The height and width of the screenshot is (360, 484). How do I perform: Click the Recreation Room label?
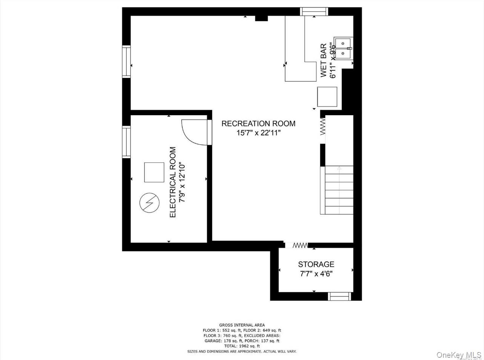pos(258,124)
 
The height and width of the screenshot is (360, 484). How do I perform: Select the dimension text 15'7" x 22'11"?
pos(258,133)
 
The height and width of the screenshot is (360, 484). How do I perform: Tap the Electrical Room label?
pos(173,182)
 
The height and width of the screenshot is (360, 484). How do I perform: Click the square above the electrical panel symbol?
pos(154,172)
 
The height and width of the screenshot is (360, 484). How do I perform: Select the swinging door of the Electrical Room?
pos(194,132)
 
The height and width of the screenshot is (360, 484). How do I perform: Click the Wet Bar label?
pos(323,60)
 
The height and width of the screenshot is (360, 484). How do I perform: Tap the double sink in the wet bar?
pos(343,49)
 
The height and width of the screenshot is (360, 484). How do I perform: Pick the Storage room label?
pos(316,264)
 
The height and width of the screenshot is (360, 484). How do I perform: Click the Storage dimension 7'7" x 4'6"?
pos(316,274)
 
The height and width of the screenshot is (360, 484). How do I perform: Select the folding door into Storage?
pos(300,245)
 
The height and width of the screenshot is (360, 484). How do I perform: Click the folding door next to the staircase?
pos(323,127)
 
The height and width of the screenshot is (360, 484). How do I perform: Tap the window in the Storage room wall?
pos(340,296)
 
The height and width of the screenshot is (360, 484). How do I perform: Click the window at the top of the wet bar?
pos(314,12)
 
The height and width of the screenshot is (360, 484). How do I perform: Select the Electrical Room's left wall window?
pos(126,142)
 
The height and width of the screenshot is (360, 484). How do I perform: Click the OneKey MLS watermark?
pos(458,355)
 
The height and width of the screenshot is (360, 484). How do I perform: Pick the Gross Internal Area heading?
pos(242,325)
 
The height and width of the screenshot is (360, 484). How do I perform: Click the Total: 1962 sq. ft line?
pos(242,346)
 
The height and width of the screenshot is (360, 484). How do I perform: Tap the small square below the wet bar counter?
pos(327,97)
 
